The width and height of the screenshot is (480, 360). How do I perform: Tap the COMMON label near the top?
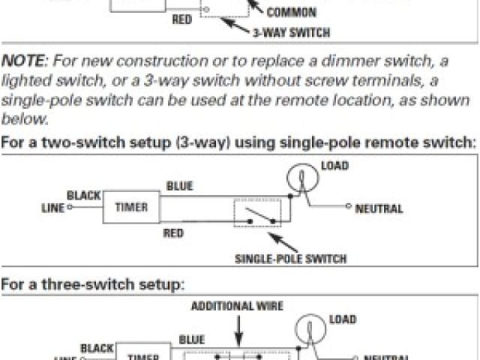291,13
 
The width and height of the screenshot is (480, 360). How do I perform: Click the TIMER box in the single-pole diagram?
130,207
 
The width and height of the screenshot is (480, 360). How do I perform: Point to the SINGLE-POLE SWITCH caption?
291,259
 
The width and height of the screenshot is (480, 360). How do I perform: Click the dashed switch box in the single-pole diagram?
257,213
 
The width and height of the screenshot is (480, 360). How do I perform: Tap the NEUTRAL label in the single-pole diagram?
379,208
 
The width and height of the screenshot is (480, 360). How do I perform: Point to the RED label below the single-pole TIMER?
173,233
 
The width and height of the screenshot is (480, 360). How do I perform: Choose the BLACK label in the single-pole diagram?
83,196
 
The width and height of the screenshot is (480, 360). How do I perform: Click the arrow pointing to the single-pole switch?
283,241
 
